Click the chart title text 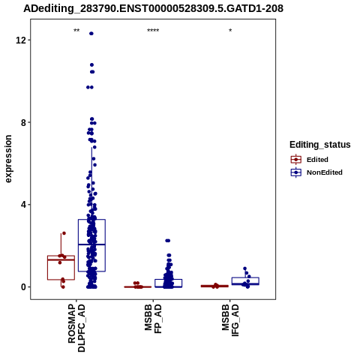pyautogui.click(x=153, y=8)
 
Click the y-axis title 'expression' pyautogui.click(x=8, y=159)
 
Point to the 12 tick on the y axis pyautogui.click(x=20, y=40)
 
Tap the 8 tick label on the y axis pyautogui.click(x=23, y=122)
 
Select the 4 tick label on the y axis pyautogui.click(x=23, y=205)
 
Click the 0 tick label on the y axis pyautogui.click(x=23, y=286)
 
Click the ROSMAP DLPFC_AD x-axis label pyautogui.click(x=76, y=328)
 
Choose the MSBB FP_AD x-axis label pyautogui.click(x=153, y=319)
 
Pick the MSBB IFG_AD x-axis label pyautogui.click(x=230, y=320)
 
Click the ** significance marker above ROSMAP pyautogui.click(x=76, y=31)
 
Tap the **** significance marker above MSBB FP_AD pyautogui.click(x=153, y=31)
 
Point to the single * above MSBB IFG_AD pyautogui.click(x=230, y=31)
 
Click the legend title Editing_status pyautogui.click(x=320, y=145)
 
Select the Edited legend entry pyautogui.click(x=310, y=160)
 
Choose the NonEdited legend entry pyautogui.click(x=316, y=172)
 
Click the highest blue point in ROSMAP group pyautogui.click(x=91, y=34)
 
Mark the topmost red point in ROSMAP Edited pyautogui.click(x=64, y=233)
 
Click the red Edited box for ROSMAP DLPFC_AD pyautogui.click(x=61, y=268)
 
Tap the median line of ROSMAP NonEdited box pyautogui.click(x=91, y=244)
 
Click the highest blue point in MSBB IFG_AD pyautogui.click(x=244, y=268)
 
